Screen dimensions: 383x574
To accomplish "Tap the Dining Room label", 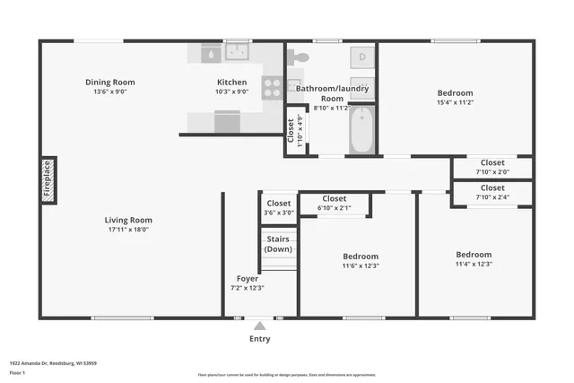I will point(110,82).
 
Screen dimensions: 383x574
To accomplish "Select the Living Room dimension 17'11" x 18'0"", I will point(128,230).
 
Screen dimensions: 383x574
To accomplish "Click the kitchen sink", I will point(237,53).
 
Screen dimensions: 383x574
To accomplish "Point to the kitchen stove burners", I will point(271,87).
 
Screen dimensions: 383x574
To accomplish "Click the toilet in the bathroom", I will point(300,57).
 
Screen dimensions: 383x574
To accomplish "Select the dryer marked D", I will point(362,57).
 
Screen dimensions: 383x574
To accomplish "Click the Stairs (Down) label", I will point(278,243).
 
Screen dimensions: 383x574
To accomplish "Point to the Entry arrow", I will point(258,325).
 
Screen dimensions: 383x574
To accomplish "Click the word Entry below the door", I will point(258,339).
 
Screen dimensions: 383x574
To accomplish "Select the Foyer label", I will point(248,278).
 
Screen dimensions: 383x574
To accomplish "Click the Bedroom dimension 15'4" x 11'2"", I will point(455,102).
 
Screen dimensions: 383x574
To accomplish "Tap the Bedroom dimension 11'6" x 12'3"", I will point(360,265).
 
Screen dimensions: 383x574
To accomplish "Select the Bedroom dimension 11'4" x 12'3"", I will point(473,264).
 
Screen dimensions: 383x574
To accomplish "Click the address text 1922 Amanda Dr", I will point(40,363).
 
